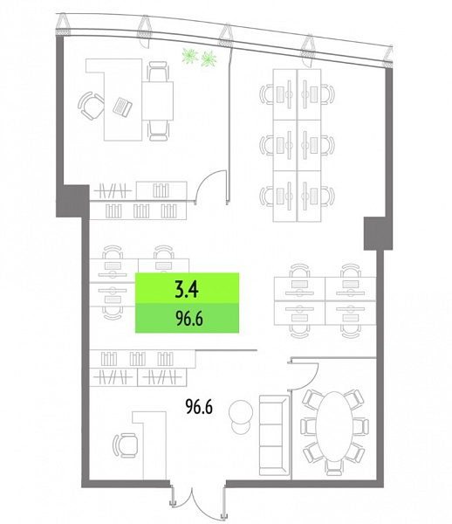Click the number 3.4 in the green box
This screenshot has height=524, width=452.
point(187,289)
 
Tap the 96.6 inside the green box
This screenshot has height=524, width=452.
point(189,319)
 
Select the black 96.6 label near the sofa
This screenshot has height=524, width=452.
point(199,407)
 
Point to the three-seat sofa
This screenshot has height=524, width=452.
point(274,435)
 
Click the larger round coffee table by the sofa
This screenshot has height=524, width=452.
point(240,411)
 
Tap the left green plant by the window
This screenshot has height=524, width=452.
point(190,55)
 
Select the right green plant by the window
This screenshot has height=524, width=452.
point(209,59)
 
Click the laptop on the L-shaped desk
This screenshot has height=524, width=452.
point(122,107)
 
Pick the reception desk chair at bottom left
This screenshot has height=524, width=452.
point(126,445)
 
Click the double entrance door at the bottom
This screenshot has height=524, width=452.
point(197,501)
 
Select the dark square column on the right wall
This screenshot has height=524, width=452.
point(378,233)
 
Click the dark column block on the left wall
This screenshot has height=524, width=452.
point(72,201)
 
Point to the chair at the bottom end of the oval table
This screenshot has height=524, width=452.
point(333,467)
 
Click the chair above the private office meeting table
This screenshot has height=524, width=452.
point(158,71)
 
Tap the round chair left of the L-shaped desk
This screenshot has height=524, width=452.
point(91,106)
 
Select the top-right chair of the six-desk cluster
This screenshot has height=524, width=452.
point(328,94)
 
